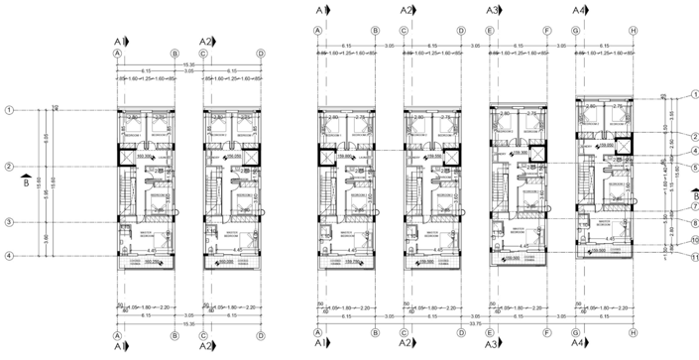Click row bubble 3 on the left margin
(8, 222)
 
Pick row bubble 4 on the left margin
(8, 257)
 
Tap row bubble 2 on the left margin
(8, 166)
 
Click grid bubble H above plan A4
(632, 30)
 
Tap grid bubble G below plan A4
(576, 333)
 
